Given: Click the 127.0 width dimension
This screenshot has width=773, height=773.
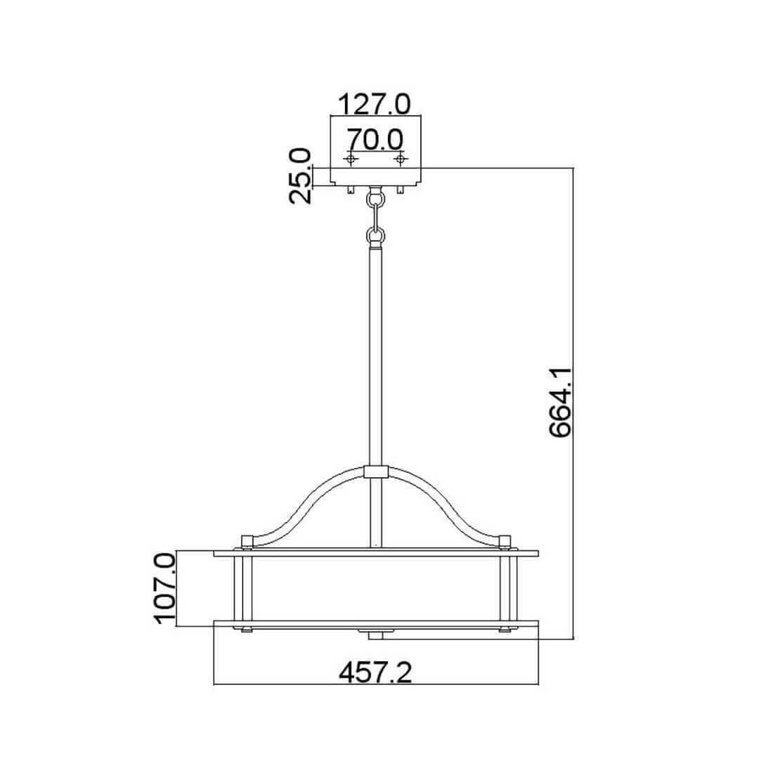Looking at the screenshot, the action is point(375,104).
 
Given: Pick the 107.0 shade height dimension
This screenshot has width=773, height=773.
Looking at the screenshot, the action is point(164,588).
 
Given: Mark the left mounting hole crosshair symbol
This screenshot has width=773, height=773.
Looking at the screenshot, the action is point(351,159).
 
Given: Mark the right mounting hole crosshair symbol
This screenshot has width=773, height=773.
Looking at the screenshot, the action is point(401,159).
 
